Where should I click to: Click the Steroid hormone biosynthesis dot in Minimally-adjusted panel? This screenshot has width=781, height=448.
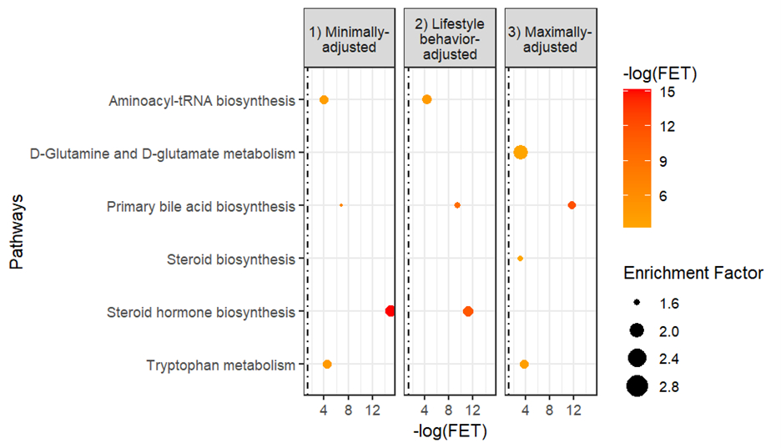pyautogui.click(x=390, y=311)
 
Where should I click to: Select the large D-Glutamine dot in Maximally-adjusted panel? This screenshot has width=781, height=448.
pyautogui.click(x=521, y=152)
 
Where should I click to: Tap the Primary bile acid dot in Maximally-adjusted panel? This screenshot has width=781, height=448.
pyautogui.click(x=572, y=205)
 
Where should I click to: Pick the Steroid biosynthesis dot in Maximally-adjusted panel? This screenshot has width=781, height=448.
pyautogui.click(x=520, y=259)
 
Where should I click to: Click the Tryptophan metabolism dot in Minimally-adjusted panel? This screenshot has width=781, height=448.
pyautogui.click(x=327, y=364)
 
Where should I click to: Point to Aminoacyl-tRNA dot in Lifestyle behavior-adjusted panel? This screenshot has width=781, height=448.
pyautogui.click(x=426, y=99)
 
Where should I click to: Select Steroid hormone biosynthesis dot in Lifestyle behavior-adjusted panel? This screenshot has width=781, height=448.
pyautogui.click(x=467, y=311)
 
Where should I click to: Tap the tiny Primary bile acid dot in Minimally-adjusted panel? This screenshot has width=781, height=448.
pyautogui.click(x=341, y=205)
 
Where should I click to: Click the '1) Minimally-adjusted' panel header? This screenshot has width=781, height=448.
pyautogui.click(x=349, y=39)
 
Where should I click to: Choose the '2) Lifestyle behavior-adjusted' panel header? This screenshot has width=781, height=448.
pyautogui.click(x=450, y=39)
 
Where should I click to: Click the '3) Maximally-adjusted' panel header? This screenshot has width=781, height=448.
pyautogui.click(x=551, y=39)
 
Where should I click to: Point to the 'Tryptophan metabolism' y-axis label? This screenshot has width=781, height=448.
pyautogui.click(x=220, y=365)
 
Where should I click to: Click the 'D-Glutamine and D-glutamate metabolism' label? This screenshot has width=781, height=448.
pyautogui.click(x=163, y=153)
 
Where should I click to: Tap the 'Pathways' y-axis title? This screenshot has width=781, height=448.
pyautogui.click(x=17, y=232)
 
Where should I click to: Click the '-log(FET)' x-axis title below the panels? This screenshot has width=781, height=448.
pyautogui.click(x=450, y=431)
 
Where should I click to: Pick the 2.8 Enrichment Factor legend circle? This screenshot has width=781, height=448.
pyautogui.click(x=638, y=386)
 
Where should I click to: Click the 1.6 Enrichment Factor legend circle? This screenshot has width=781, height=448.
pyautogui.click(x=638, y=303)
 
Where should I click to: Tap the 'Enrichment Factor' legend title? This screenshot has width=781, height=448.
pyautogui.click(x=693, y=273)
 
